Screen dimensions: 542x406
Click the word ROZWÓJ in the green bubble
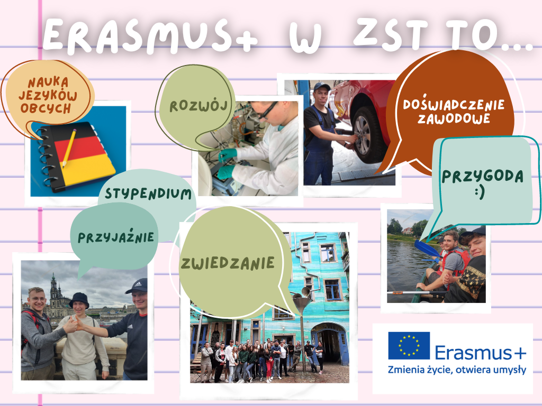tap(198, 105)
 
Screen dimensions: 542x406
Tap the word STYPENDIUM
tap(148, 193)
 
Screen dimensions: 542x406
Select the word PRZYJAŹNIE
tap(116, 237)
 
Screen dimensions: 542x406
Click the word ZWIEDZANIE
tap(228, 263)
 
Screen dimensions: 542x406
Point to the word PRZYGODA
tap(483, 176)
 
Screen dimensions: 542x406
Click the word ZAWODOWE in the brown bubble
tap(454, 118)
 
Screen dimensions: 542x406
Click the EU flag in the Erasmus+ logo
tap(409, 346)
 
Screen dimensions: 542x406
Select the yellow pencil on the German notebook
tap(69, 148)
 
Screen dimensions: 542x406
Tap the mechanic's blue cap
tap(321, 86)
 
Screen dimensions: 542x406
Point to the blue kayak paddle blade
tap(427, 248)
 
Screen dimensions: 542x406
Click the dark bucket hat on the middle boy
tap(79, 300)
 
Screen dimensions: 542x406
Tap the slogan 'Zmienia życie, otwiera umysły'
tap(457, 370)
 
